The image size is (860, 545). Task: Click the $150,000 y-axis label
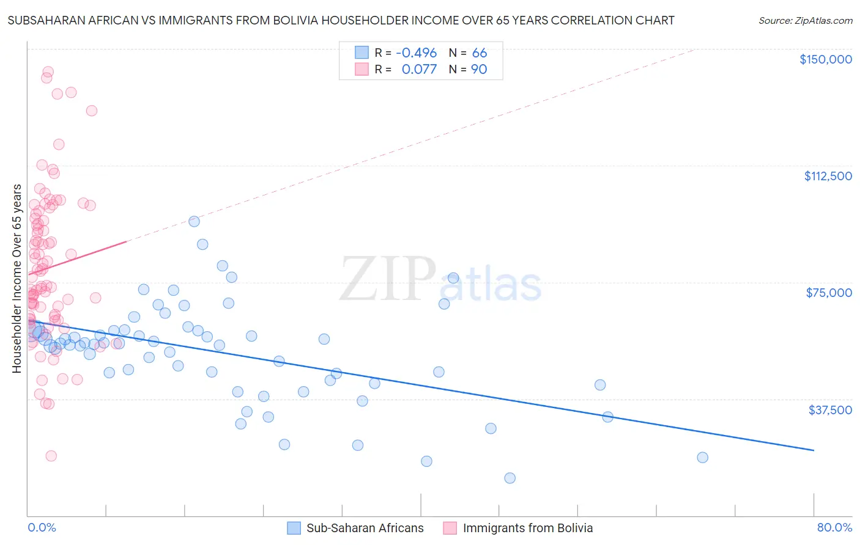click(x=825, y=59)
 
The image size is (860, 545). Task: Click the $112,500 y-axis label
click(x=828, y=176)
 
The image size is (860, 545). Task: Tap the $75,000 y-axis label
click(x=829, y=293)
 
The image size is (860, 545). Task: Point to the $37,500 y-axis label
click(x=830, y=410)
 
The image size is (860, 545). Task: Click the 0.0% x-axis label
click(x=42, y=527)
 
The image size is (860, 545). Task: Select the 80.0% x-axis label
click(x=834, y=527)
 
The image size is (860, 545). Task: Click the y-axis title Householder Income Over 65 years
click(x=17, y=278)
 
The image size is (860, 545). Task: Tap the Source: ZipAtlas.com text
click(x=805, y=21)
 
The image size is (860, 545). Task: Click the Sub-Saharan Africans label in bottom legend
click(x=365, y=528)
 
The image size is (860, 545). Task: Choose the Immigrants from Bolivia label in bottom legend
click(x=527, y=528)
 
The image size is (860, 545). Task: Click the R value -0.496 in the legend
click(x=416, y=53)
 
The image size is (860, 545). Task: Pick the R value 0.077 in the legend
click(x=419, y=70)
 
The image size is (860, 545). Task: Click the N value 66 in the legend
click(x=480, y=53)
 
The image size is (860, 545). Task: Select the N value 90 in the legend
click(x=479, y=70)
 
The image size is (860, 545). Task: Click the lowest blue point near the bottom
click(x=510, y=478)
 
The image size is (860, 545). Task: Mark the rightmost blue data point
click(x=702, y=458)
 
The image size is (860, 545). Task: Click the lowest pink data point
click(x=51, y=456)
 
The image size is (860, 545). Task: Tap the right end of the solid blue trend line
click(x=814, y=450)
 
